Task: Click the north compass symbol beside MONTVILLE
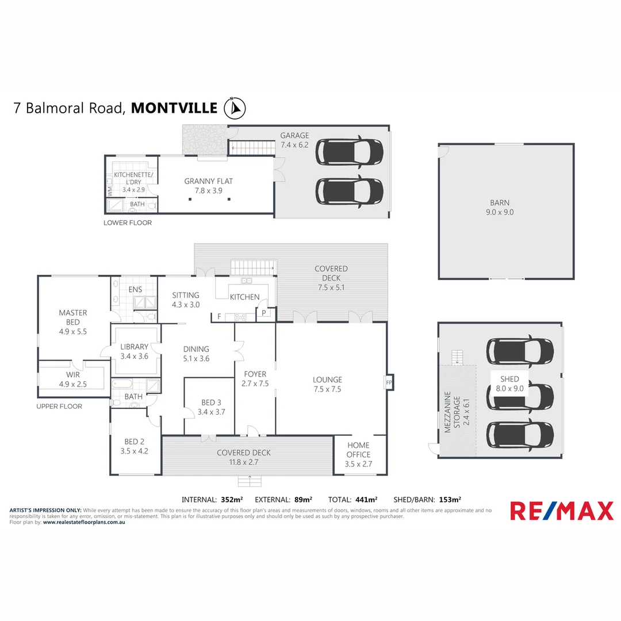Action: point(235,107)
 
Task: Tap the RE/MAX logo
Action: point(562,511)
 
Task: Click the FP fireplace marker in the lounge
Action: point(389,382)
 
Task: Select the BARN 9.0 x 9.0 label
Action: point(500,207)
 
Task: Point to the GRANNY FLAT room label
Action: point(208,186)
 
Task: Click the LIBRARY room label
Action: point(134,351)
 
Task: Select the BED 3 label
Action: point(209,407)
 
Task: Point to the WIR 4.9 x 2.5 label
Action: point(73,379)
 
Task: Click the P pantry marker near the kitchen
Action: point(264,313)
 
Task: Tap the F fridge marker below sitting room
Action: point(218,316)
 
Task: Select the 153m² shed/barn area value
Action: point(450,499)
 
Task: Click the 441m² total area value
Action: point(365,499)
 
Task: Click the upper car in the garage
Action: point(350,151)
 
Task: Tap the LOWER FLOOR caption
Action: point(128,223)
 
